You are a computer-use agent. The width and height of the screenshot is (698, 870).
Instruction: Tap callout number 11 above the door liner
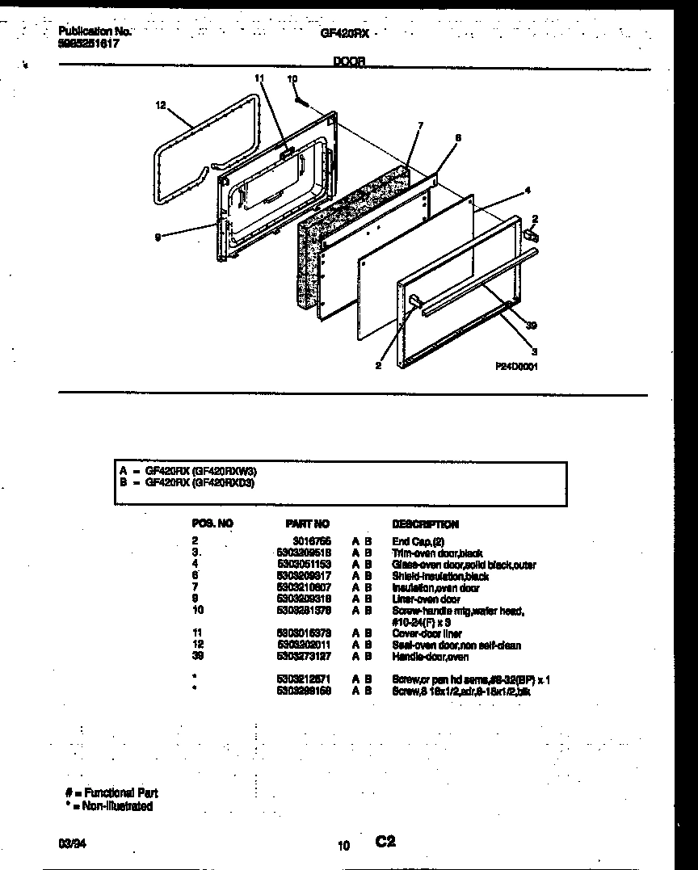tap(259, 78)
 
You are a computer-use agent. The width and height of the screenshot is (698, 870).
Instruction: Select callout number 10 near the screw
tap(292, 78)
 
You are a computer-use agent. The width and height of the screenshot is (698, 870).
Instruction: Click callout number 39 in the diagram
tap(530, 326)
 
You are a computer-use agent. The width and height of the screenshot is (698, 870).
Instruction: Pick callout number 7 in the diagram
tap(420, 125)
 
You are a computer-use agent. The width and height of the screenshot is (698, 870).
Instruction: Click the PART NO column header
tap(308, 524)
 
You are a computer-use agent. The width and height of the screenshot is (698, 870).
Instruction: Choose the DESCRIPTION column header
tap(425, 524)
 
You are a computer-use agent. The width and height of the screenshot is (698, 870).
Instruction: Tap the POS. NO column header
tap(212, 524)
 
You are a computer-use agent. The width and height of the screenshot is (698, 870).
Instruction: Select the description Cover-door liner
tap(427, 634)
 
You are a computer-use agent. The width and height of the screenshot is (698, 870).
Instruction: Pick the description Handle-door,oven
tap(430, 657)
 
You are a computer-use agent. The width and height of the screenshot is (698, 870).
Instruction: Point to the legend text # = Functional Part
tap(111, 793)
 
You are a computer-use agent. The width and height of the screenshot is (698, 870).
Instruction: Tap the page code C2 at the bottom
tap(385, 842)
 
